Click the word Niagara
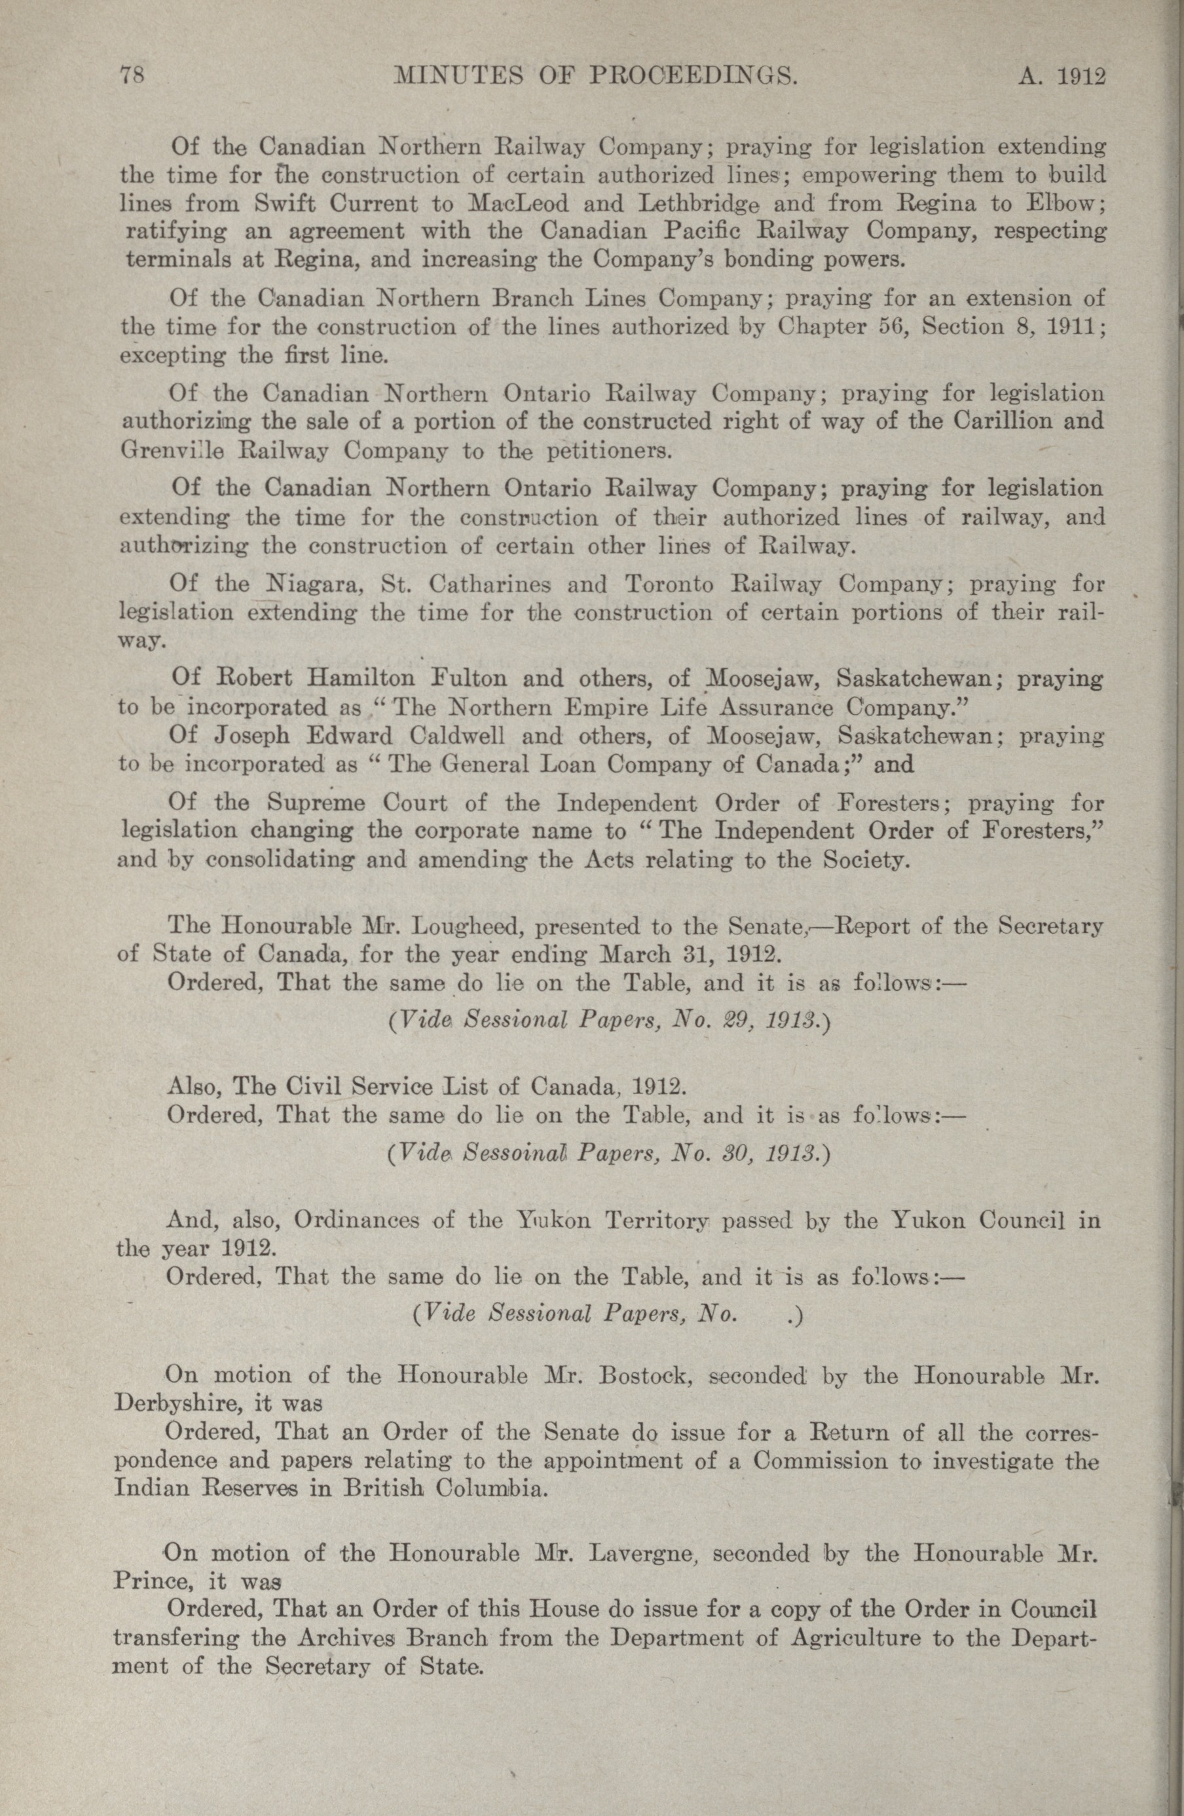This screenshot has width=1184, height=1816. [312, 584]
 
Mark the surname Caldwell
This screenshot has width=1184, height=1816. [459, 736]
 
